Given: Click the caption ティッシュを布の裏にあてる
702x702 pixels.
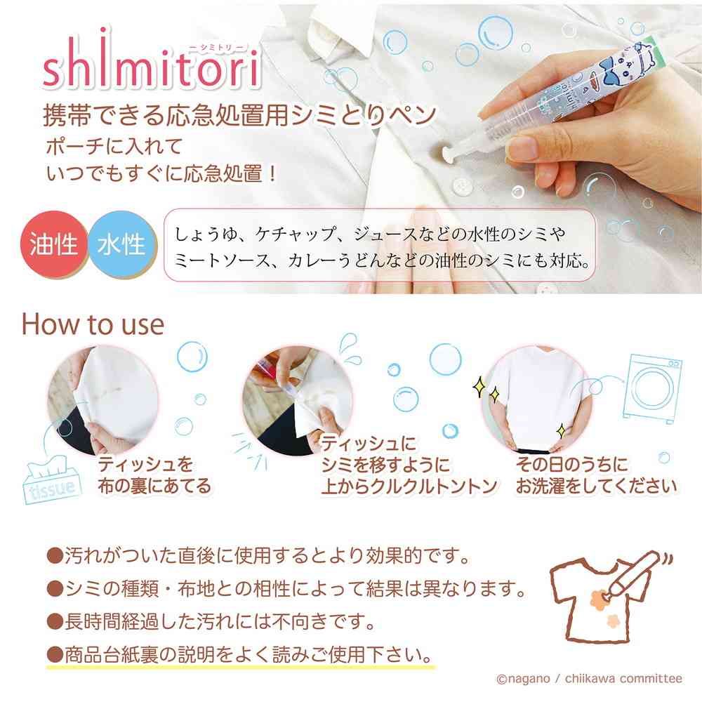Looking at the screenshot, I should point(154,475).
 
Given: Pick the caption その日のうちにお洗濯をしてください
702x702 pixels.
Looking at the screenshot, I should point(595,475).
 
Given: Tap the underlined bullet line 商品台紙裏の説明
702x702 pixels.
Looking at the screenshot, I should point(239,655).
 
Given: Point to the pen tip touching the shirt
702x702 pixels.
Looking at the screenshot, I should point(445,150).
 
